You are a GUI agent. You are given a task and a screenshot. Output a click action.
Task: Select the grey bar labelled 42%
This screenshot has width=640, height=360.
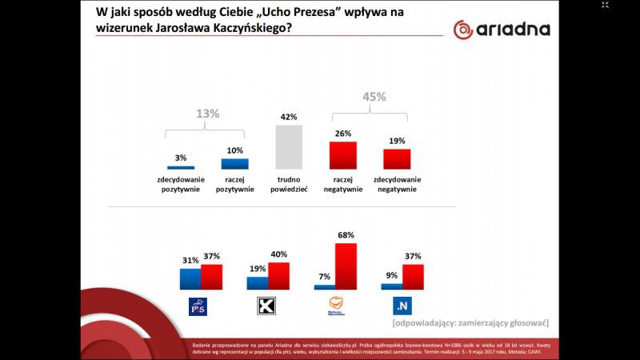point(287,145)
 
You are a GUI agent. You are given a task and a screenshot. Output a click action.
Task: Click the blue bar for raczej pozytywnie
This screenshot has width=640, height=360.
point(234,163)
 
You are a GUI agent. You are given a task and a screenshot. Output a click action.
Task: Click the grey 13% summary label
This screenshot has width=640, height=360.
point(207,114)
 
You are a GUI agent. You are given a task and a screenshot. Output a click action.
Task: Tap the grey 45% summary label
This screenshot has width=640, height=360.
point(374,97)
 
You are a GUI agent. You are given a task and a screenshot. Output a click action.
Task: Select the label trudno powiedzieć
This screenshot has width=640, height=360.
point(287,184)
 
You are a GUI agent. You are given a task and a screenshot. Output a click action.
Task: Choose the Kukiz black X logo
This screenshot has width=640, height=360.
point(266,306)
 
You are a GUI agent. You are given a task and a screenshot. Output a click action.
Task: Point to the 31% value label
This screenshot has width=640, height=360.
point(190,260)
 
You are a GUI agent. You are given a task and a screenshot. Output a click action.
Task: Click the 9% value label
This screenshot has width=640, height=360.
point(391,276)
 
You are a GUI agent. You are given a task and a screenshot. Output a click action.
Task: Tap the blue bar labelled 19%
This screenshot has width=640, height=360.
point(257,282)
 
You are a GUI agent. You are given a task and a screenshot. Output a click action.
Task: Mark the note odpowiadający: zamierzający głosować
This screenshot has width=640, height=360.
point(470,323)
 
